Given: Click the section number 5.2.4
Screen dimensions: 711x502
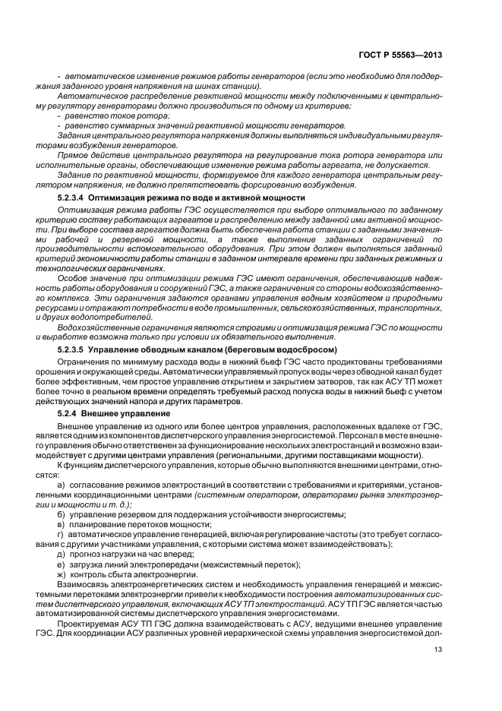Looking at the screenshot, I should tap(69, 412).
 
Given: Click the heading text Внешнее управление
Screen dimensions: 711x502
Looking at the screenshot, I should tap(128, 412).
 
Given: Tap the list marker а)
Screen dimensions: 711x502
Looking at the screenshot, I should tap(62, 484).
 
